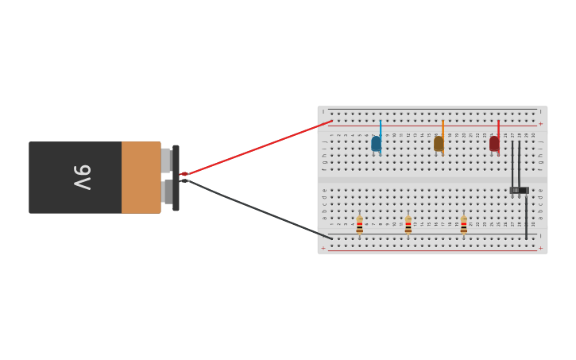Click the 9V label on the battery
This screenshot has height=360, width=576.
tap(83, 177)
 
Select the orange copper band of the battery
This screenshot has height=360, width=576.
tap(141, 177)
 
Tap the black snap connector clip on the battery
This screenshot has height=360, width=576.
tap(176, 177)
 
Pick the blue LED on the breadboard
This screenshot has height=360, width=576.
tap(376, 144)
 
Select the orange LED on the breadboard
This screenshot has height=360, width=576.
tap(439, 144)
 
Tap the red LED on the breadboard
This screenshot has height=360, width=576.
tap(494, 144)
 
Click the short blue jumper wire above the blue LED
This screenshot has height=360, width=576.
tap(381, 129)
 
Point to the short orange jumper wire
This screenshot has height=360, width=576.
tap(443, 129)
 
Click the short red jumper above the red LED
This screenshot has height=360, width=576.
tap(498, 129)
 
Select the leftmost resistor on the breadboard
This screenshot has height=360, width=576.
tap(360, 226)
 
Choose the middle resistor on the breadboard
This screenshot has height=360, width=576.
tap(408, 226)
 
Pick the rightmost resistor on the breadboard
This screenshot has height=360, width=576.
tap(464, 226)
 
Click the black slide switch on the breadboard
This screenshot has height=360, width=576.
tap(519, 190)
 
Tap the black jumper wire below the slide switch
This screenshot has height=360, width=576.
tap(526, 215)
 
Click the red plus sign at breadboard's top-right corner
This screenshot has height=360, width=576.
tap(540, 124)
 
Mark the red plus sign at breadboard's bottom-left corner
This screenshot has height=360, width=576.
tap(323, 248)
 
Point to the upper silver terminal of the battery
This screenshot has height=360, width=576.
tap(165, 160)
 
